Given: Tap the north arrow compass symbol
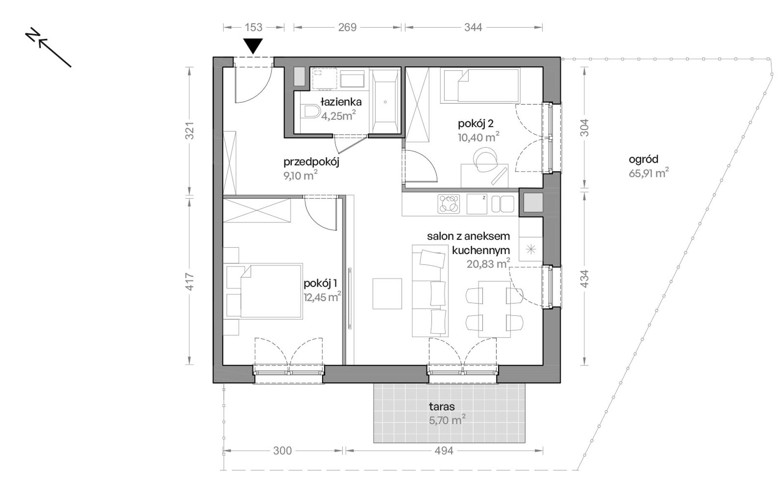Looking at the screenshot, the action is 48,47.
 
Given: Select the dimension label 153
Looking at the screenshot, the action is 254,27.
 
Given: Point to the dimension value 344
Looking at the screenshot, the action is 473,27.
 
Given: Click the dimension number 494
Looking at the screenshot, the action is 444,451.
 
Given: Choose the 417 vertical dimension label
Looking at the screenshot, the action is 189,282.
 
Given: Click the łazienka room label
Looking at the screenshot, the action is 341,102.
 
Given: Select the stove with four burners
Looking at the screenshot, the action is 449,204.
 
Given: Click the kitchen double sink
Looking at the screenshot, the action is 502,204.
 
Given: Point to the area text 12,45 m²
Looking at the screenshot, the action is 322,297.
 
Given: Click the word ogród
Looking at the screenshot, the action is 643,159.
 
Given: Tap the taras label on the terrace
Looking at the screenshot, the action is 442,406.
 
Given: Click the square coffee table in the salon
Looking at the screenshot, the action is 387,293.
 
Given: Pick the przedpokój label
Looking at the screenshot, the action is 311,162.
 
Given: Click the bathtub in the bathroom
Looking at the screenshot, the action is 385,102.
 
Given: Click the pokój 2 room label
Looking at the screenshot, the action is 475,123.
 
